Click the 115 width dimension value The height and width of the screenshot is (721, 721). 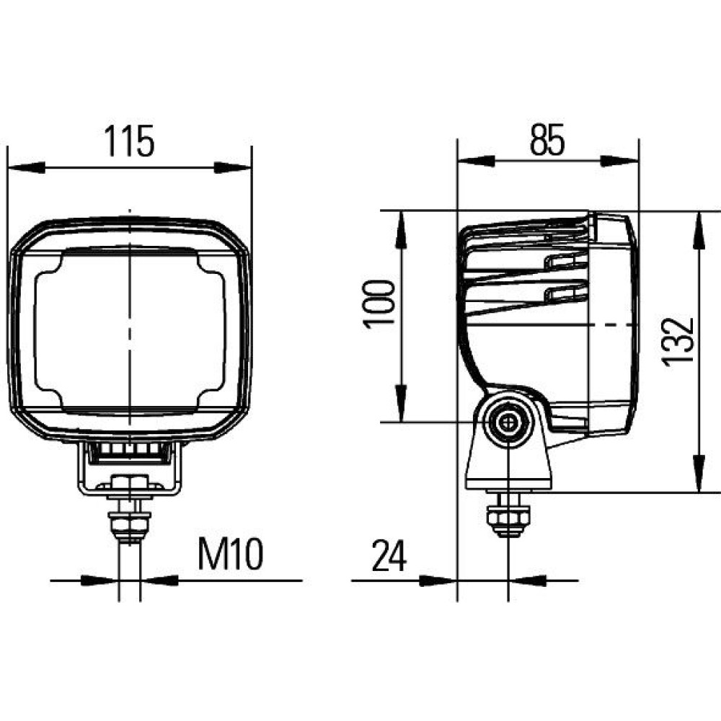pyautogui.click(x=129, y=141)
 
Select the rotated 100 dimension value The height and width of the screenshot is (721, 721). pyautogui.click(x=379, y=304)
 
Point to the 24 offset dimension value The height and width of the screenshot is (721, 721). pyautogui.click(x=389, y=556)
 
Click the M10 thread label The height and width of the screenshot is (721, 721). pyautogui.click(x=231, y=554)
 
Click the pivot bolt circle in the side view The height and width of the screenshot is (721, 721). pyautogui.click(x=508, y=422)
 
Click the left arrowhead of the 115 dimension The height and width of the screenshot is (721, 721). pyautogui.click(x=27, y=167)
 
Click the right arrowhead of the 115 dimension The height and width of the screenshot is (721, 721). pyautogui.click(x=233, y=167)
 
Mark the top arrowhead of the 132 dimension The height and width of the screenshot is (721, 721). pyautogui.click(x=699, y=231)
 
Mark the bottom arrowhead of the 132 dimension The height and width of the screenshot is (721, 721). pyautogui.click(x=699, y=473)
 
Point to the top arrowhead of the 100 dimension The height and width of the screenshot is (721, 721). pyautogui.click(x=402, y=230)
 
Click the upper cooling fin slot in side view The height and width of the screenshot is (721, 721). pyautogui.click(x=566, y=262)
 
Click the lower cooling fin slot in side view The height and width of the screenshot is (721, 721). pyautogui.click(x=566, y=293)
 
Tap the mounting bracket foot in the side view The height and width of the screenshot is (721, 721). pyautogui.click(x=508, y=464)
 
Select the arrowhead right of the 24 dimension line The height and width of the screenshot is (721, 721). pyautogui.click(x=528, y=580)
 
